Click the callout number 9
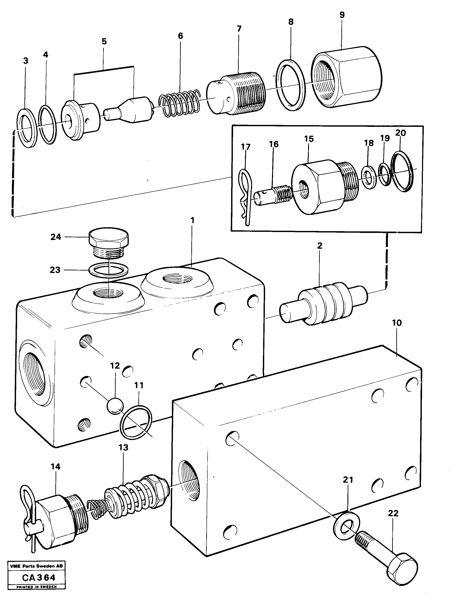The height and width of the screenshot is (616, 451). point(342,15)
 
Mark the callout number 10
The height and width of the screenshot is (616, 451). point(397,323)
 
